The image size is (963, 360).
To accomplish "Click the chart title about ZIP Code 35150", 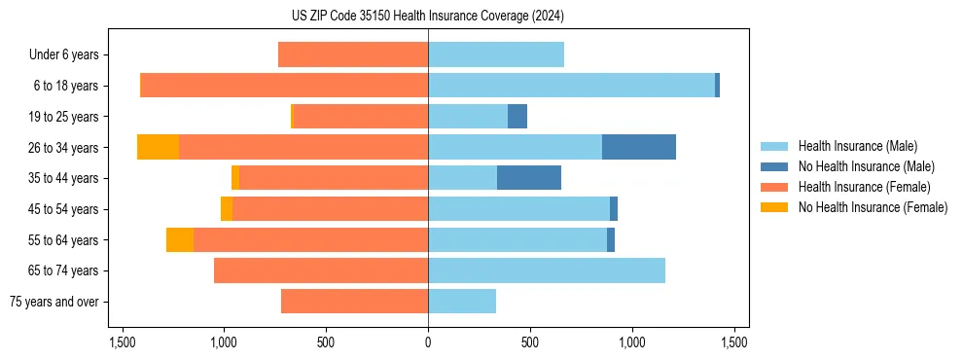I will (x=428, y=17).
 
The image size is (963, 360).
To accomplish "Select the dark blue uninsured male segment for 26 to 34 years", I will (x=638, y=147).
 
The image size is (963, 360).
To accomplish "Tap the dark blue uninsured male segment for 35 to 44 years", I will (x=528, y=178).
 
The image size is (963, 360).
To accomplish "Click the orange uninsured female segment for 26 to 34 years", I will (x=158, y=147).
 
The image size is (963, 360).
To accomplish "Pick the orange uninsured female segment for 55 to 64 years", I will (x=180, y=239).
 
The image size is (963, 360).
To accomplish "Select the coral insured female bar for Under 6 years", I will (x=353, y=54).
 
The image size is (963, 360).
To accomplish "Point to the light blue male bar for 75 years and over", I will (x=462, y=302).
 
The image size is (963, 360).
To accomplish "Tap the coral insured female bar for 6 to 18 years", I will (x=284, y=86).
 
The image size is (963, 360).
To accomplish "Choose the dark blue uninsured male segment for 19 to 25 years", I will (x=517, y=117).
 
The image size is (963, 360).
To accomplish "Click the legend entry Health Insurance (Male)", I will (x=857, y=146).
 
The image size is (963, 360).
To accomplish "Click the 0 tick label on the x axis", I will (x=428, y=342).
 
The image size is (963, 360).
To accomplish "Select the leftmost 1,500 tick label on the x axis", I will (x=123, y=342).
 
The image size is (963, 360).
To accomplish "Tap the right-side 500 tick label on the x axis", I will (x=530, y=342).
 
